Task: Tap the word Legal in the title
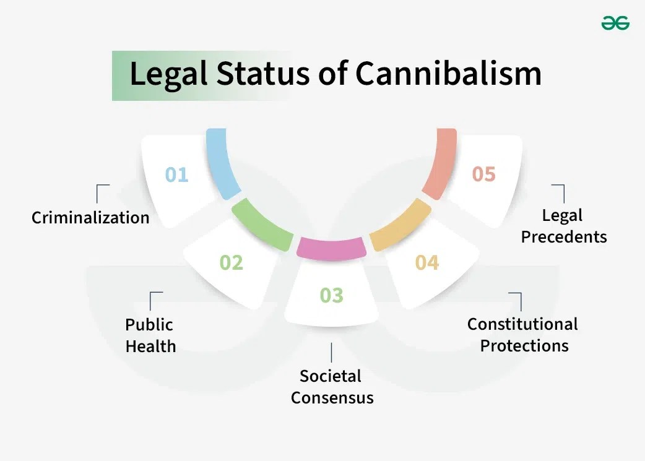(167, 74)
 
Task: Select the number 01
(176, 174)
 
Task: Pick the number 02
(232, 262)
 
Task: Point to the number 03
(331, 295)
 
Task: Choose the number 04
(426, 262)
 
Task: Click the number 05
(483, 174)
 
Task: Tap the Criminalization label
(90, 218)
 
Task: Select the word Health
(150, 346)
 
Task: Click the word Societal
(331, 376)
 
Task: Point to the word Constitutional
(522, 324)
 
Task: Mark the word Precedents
(564, 236)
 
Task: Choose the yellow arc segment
(400, 224)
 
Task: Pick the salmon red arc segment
(441, 164)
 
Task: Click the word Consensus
(332, 397)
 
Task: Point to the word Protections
(524, 345)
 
